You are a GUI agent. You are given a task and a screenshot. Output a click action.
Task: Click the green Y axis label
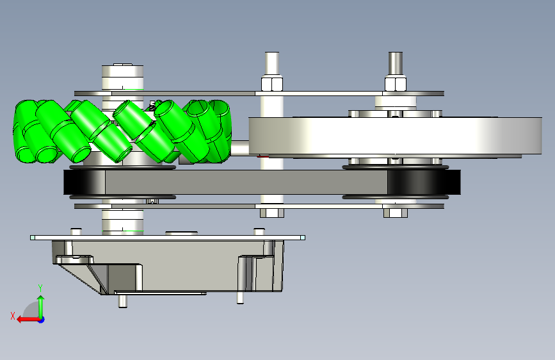(x=40, y=288)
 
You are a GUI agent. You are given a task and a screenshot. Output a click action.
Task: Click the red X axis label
(x=13, y=316)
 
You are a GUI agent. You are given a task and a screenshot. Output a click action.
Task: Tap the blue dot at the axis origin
(x=42, y=320)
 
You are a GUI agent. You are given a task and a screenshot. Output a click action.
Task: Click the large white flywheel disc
(x=395, y=136)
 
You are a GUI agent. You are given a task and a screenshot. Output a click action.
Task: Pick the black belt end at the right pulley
(x=424, y=182)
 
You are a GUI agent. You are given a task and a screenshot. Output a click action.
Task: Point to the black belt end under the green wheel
(x=84, y=182)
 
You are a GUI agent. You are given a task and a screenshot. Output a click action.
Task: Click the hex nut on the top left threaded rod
(x=272, y=84)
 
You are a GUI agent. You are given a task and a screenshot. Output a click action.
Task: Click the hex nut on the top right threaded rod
(x=396, y=84)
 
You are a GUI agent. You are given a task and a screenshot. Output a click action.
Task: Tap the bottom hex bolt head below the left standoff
(x=272, y=213)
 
